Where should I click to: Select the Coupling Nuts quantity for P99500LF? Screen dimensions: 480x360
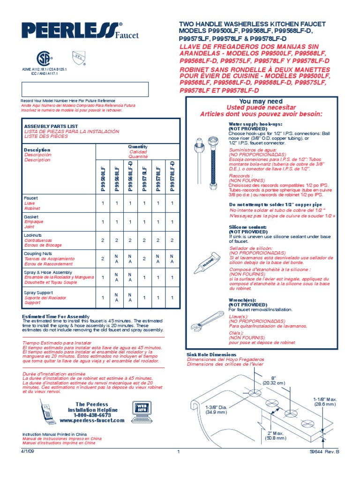click(103, 258)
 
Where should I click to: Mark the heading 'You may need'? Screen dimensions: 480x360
click(261, 102)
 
